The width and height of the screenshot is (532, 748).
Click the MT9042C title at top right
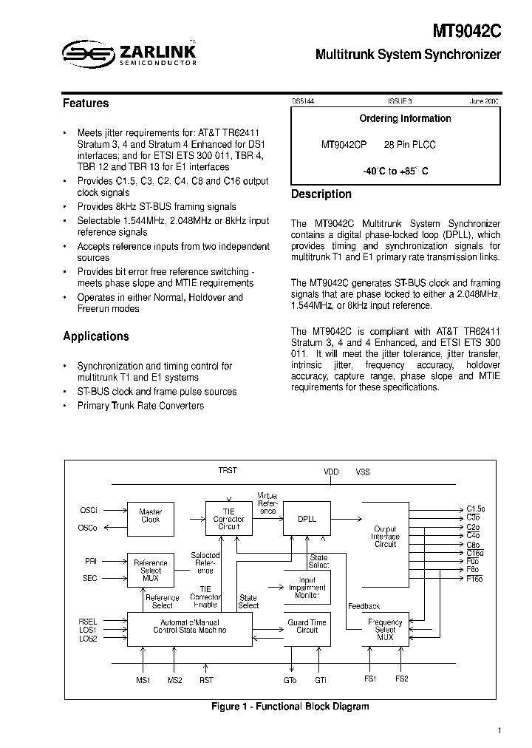click(x=468, y=32)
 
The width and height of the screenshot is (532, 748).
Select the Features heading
click(x=86, y=103)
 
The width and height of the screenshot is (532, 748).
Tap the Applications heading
click(x=96, y=336)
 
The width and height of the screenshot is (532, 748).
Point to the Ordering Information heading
click(x=405, y=118)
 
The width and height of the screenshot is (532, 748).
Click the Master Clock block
click(x=151, y=516)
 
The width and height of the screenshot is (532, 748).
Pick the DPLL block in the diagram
click(x=307, y=519)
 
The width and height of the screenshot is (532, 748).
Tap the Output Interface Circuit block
click(x=385, y=537)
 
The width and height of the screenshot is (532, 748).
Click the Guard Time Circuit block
click(x=307, y=627)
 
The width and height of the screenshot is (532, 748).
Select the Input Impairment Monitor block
click(x=307, y=588)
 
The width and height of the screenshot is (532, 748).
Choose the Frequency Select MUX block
click(x=385, y=629)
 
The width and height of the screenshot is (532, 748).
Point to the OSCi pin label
click(x=89, y=510)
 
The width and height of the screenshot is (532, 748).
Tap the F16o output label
click(x=475, y=579)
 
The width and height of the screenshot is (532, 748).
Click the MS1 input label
click(x=143, y=680)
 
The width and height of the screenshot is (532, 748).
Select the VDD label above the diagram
click(x=332, y=471)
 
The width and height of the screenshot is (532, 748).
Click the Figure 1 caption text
click(x=290, y=707)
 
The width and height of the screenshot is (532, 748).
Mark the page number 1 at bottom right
click(x=499, y=731)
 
